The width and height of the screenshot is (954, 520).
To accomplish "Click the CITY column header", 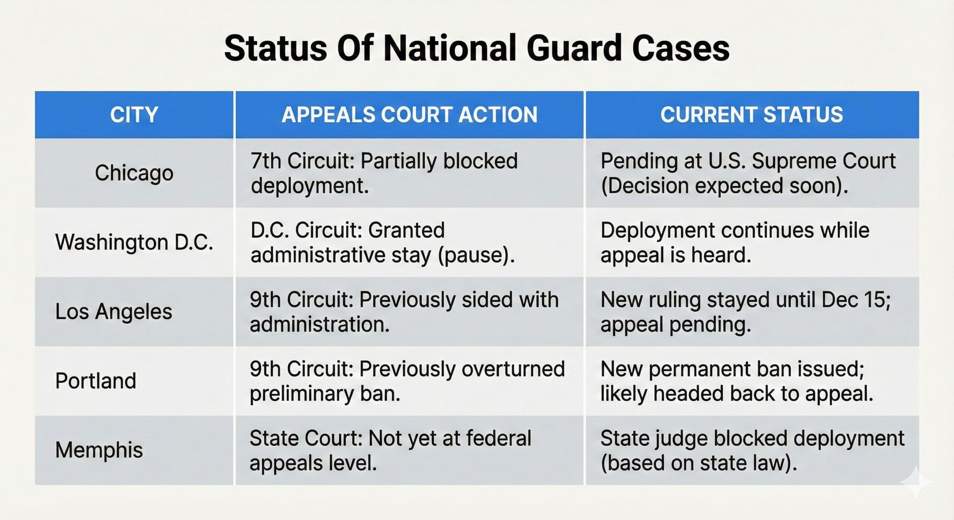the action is pyautogui.click(x=134, y=114).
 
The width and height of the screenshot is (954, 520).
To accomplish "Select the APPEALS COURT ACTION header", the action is pyautogui.click(x=410, y=114).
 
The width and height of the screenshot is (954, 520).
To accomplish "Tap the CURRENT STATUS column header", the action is pyautogui.click(x=752, y=114).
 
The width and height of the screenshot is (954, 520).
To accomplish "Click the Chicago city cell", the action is pyautogui.click(x=134, y=173).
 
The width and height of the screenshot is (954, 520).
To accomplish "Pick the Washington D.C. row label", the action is pyautogui.click(x=134, y=242).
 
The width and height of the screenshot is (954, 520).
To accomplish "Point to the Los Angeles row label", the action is pyautogui.click(x=114, y=312).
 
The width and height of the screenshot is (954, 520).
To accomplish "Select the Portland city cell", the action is pyautogui.click(x=96, y=381).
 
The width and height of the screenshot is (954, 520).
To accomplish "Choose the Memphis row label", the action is pyautogui.click(x=99, y=450).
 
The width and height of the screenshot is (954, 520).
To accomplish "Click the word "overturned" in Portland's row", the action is pyautogui.click(x=514, y=369).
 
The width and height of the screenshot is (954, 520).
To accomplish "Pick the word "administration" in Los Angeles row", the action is pyautogui.click(x=320, y=324).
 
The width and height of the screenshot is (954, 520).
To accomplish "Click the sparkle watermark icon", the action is pyautogui.click(x=916, y=481).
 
